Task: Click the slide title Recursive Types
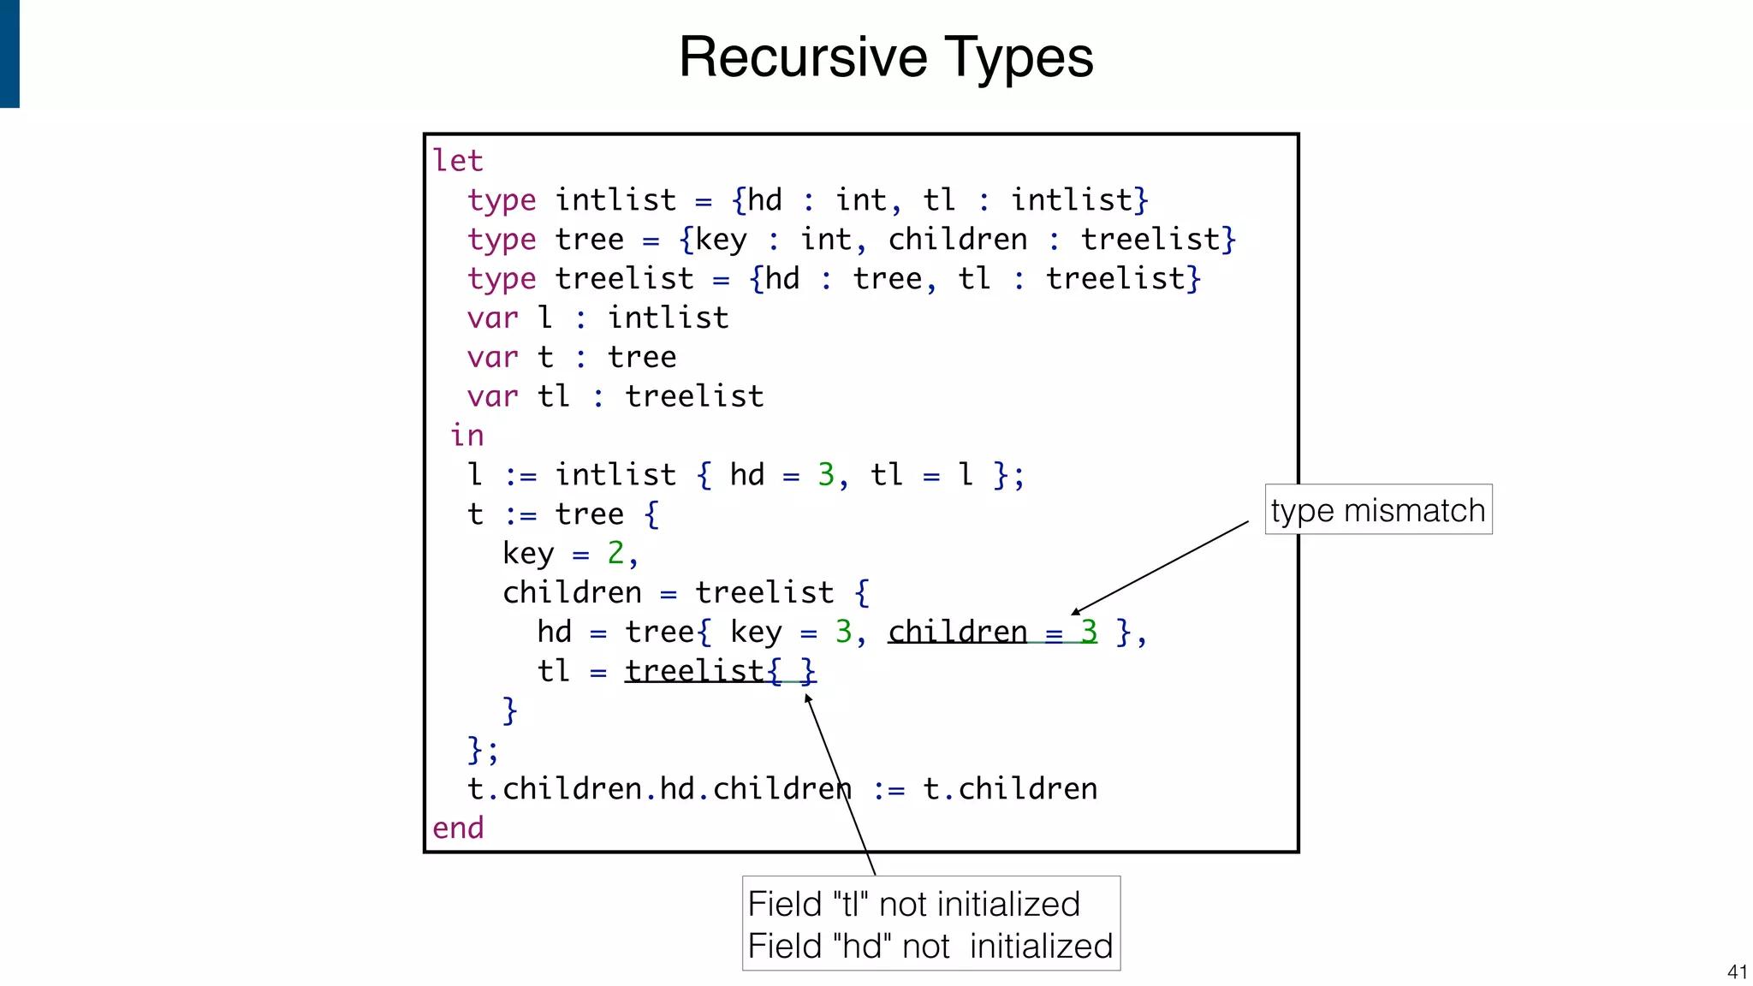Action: (886, 57)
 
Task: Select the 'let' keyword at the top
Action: (458, 161)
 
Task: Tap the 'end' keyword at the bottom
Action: (458, 828)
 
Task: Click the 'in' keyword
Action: (467, 436)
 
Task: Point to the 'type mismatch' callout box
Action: (1378, 510)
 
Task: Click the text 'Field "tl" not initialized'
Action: (913, 904)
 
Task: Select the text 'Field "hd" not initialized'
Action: (930, 947)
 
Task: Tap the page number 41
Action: (1737, 971)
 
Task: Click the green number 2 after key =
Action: (615, 554)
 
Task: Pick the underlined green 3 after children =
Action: (1089, 632)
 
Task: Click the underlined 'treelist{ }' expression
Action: (720, 671)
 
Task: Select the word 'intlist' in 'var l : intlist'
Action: (668, 318)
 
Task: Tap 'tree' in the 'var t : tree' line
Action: (642, 358)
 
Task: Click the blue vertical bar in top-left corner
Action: (9, 53)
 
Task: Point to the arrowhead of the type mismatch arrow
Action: (1075, 612)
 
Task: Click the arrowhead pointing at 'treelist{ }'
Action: (807, 698)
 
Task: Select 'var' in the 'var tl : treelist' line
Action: (492, 397)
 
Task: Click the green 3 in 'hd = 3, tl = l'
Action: (826, 475)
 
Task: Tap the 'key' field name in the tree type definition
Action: (721, 241)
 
